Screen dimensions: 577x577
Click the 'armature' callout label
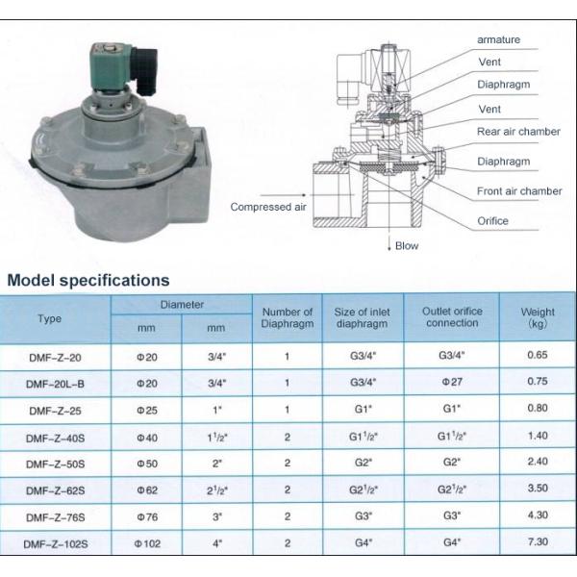point(498,39)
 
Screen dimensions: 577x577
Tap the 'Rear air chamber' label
point(518,132)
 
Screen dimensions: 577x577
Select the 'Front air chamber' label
point(519,191)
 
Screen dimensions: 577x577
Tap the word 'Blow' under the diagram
point(407,246)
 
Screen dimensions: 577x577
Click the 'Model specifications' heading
point(88,281)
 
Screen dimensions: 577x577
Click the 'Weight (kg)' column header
point(538,317)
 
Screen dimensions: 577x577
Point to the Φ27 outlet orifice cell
point(452,383)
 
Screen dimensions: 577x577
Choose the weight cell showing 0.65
point(538,356)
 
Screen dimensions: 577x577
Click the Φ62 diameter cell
point(147,489)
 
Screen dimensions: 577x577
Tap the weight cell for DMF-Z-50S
point(538,463)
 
